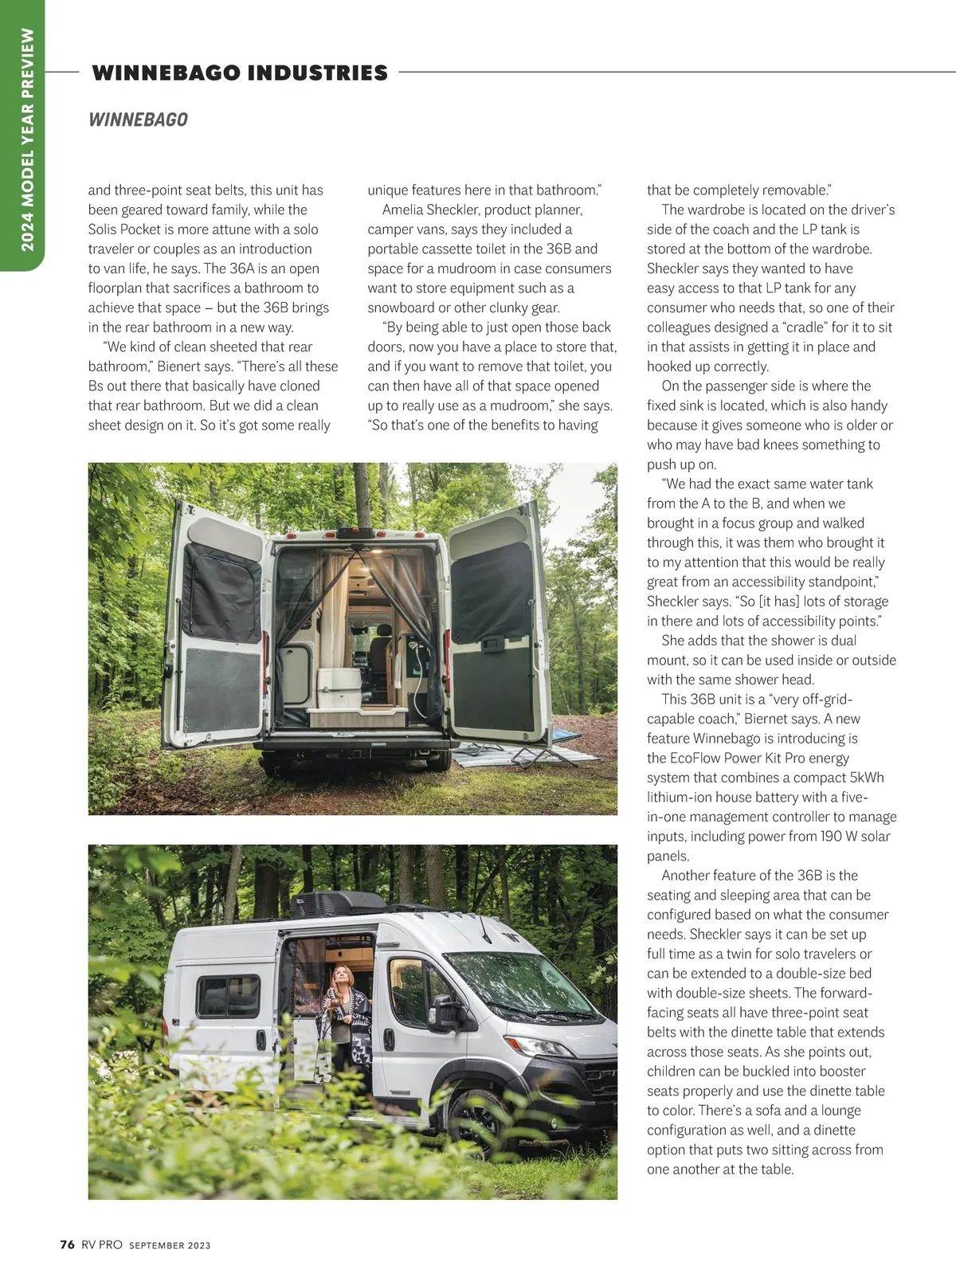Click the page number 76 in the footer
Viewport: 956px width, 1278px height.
pyautogui.click(x=68, y=1245)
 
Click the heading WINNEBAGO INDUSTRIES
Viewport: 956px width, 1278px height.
pyautogui.click(x=240, y=73)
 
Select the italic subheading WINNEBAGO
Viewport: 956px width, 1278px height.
pyautogui.click(x=138, y=120)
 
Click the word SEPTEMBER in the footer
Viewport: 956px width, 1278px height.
pyautogui.click(x=157, y=1245)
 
